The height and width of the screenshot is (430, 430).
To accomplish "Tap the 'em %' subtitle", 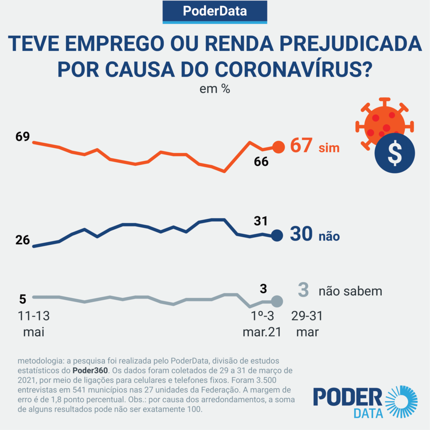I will (x=215, y=89).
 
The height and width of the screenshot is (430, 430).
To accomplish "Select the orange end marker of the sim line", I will (x=278, y=147).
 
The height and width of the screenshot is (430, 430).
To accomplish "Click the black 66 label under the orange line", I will (x=261, y=162).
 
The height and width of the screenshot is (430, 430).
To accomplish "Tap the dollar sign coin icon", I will (x=394, y=153).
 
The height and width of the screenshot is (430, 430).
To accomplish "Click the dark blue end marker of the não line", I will (x=276, y=236).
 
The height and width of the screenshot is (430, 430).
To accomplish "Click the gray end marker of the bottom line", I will (x=276, y=301).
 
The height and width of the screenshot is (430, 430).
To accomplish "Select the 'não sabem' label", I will (x=350, y=291).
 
